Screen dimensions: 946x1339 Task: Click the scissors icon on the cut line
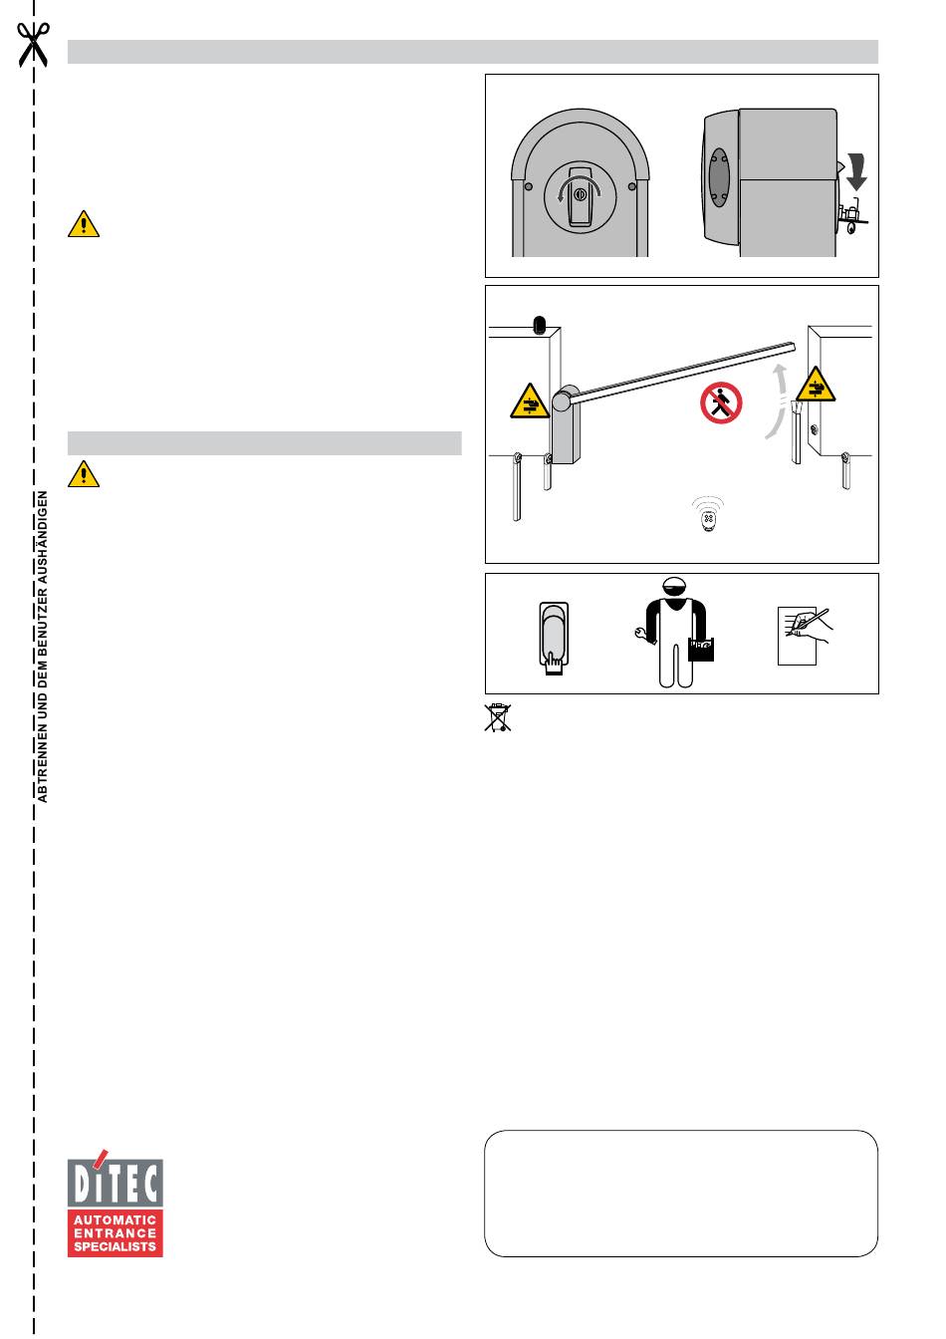pos(33,45)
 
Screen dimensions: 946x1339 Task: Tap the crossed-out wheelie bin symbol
pos(497,717)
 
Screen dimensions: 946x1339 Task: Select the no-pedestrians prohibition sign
pos(721,402)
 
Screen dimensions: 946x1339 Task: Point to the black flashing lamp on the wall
pos(539,325)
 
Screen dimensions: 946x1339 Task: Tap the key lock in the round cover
pos(580,194)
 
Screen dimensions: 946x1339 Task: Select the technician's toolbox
pos(701,650)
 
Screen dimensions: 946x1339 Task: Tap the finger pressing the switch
pos(554,664)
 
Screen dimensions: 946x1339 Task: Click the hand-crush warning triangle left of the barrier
pos(530,401)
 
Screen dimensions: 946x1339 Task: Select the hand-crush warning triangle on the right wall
pos(816,384)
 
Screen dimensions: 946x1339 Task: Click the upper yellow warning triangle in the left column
pos(84,224)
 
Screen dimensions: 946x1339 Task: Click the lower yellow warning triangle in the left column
pos(84,474)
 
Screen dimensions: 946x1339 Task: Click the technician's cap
pos(675,584)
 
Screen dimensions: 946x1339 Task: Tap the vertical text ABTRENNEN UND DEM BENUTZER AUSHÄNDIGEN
pos(43,647)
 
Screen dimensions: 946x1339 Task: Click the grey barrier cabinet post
pos(565,426)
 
